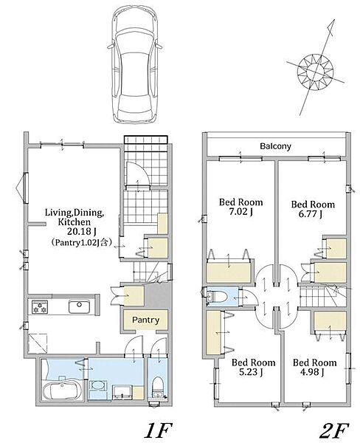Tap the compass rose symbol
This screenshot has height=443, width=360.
click(316, 70)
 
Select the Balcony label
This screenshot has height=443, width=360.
click(275, 146)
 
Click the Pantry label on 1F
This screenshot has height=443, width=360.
click(145, 320)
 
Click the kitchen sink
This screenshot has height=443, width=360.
click(80, 306)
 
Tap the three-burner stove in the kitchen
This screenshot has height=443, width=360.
click(40, 307)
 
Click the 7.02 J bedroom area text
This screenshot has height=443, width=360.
click(240, 212)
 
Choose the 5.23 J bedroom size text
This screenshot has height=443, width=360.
click(251, 372)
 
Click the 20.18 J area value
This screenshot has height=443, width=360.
click(82, 232)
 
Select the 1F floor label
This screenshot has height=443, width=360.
click(158, 430)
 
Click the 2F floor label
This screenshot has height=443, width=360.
click(334, 430)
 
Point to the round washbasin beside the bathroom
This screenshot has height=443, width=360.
click(99, 385)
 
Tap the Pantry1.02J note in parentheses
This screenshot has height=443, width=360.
click(82, 242)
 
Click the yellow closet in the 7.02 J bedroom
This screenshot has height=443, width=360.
click(229, 272)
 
